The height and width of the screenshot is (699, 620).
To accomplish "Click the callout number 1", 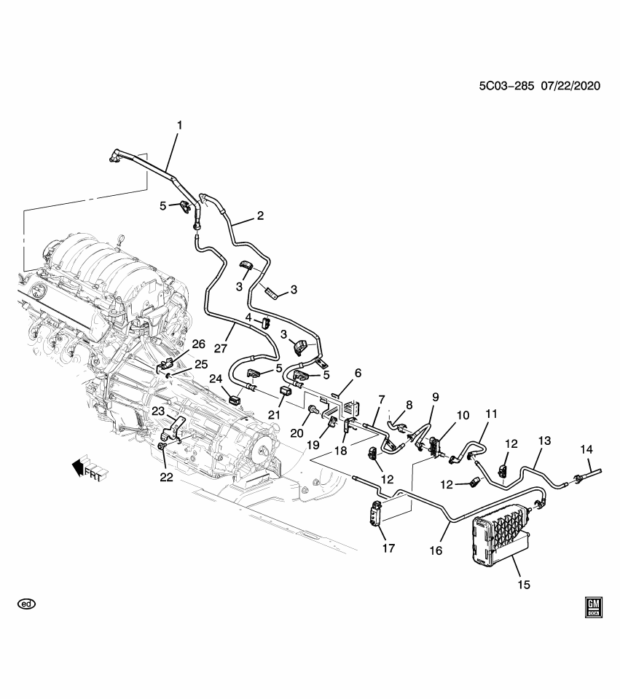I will point(179,125).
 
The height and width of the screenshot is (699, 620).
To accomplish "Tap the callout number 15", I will point(524,584).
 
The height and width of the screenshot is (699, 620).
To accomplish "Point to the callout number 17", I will point(388,548).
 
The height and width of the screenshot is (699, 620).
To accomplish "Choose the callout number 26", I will point(198,344).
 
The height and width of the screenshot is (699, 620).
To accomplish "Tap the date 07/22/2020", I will point(570,85).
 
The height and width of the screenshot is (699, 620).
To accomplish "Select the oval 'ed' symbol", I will point(26,604).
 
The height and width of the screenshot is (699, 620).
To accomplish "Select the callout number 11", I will point(490,414).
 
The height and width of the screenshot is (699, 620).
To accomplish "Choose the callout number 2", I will point(259,216).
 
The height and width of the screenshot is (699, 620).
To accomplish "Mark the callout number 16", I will point(436,551).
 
